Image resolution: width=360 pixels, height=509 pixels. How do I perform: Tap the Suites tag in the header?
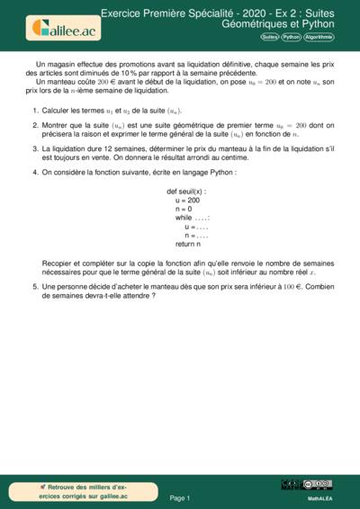pyautogui.click(x=269, y=38)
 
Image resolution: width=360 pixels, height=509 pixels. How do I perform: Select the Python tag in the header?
pyautogui.click(x=291, y=38)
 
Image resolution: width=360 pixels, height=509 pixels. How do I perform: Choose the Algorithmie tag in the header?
pyautogui.click(x=319, y=38)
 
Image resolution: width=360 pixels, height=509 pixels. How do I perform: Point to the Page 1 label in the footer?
pyautogui.click(x=180, y=497)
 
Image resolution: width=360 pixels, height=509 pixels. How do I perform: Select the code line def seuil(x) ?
pyautogui.click(x=186, y=192)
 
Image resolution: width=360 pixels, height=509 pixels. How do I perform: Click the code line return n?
pyautogui.click(x=189, y=244)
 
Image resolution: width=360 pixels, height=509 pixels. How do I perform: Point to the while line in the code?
pyautogui.click(x=193, y=218)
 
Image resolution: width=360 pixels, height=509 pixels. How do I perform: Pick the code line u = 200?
pyautogui.click(x=187, y=201)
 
